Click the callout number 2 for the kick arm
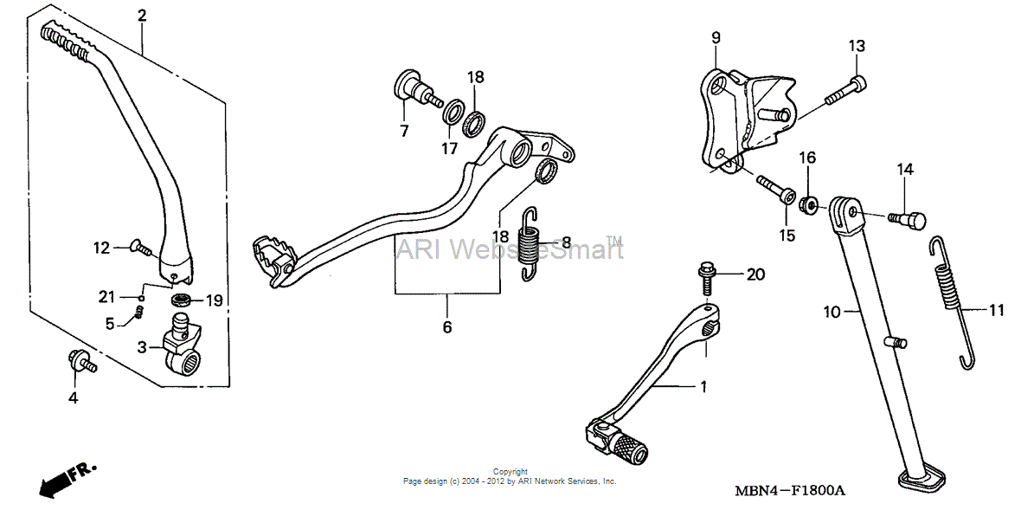click(141, 15)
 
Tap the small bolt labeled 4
click(81, 360)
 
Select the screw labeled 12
click(141, 246)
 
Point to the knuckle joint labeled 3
click(182, 345)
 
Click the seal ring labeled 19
click(182, 300)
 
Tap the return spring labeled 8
click(532, 243)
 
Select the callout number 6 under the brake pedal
click(446, 327)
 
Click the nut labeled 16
click(808, 203)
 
